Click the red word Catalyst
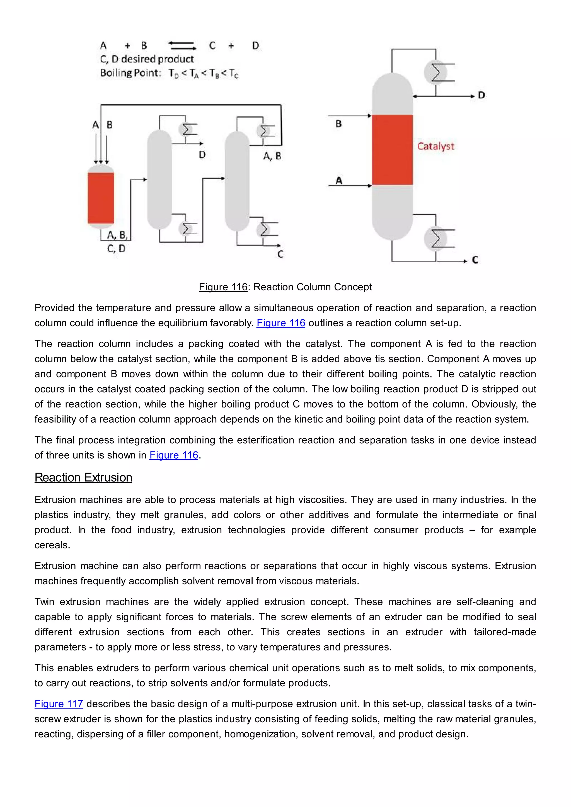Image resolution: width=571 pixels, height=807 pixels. click(x=435, y=146)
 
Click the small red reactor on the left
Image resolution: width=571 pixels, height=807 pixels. click(x=101, y=198)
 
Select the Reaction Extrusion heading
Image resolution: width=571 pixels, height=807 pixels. click(x=83, y=477)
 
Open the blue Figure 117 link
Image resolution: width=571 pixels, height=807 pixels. click(x=59, y=704)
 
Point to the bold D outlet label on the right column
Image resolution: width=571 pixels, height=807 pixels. click(x=481, y=95)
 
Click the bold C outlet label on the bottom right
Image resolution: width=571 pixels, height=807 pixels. click(x=475, y=260)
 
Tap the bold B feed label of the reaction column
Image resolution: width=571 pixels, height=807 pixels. click(x=338, y=124)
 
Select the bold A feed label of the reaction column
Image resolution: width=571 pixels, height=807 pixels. click(x=338, y=181)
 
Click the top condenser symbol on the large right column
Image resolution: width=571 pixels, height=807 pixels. click(x=435, y=73)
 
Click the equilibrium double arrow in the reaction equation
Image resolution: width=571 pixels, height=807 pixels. click(x=182, y=46)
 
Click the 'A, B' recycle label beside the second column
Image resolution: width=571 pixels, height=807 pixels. click(x=272, y=156)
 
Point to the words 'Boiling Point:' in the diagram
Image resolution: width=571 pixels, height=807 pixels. click(x=130, y=73)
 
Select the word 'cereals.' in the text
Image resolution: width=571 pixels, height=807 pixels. click(x=52, y=545)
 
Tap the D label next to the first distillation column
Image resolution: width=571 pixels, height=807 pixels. click(x=202, y=155)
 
